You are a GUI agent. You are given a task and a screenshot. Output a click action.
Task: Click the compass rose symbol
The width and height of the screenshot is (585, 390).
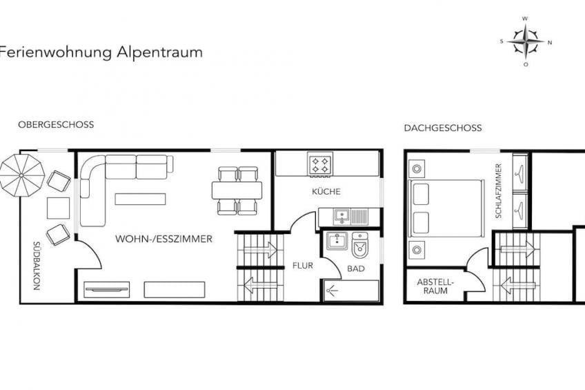[x=526, y=41]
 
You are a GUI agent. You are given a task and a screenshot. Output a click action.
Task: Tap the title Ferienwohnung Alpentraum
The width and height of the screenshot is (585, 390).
[x=101, y=52]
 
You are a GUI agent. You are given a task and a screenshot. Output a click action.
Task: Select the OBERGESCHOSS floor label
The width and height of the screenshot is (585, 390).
[x=56, y=125]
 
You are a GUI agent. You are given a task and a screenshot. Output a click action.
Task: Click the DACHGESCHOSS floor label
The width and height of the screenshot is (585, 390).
[x=443, y=128]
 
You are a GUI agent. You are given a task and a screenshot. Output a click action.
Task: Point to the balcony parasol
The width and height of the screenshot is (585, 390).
[x=21, y=175]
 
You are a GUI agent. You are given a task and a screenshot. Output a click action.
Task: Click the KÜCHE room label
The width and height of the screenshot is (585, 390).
[x=326, y=192]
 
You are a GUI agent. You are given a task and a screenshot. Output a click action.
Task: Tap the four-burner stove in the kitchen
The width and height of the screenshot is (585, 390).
[x=320, y=164]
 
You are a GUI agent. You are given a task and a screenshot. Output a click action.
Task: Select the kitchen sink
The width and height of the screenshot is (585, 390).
[x=341, y=216]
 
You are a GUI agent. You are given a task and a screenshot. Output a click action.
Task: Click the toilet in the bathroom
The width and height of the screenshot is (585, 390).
[x=359, y=245]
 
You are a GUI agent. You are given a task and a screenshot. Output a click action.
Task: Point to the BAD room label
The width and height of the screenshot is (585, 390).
[x=356, y=269]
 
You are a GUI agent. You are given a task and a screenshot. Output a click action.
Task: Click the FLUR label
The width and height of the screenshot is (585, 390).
[x=303, y=266]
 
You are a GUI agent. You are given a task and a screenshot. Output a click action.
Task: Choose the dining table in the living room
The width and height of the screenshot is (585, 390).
[x=237, y=191]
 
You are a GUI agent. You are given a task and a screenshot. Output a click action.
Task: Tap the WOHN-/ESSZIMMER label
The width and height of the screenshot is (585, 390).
[x=163, y=239]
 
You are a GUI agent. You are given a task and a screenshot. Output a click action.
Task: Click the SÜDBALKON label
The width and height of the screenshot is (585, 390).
[x=37, y=266]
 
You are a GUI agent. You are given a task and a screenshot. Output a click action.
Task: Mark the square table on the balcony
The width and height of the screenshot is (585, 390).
[x=58, y=208]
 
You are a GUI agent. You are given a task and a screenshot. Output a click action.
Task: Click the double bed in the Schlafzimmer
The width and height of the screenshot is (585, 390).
[x=446, y=208]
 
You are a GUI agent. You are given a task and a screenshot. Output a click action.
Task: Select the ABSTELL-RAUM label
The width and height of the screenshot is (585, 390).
[x=435, y=286]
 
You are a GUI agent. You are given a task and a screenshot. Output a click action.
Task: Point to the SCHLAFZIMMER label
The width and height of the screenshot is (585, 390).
[x=499, y=191]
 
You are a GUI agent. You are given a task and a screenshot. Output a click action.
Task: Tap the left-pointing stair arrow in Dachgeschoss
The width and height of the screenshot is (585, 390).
[x=517, y=286]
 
